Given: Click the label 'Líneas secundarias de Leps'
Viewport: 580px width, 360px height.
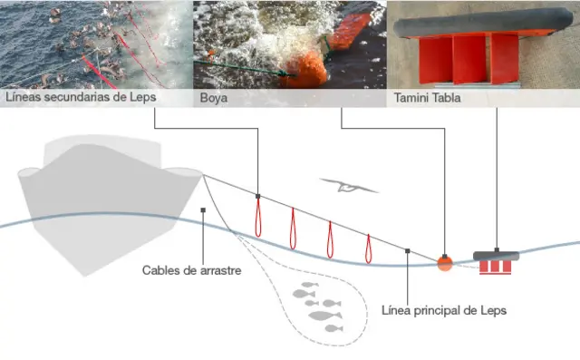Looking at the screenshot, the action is [81, 96].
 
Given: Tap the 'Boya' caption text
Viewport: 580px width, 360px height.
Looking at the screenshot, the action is [215, 96].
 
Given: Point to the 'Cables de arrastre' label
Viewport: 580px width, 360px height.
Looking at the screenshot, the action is [192, 270].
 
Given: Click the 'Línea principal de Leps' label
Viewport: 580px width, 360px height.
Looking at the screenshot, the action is [444, 310].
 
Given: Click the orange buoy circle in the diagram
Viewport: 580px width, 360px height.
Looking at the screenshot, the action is [444, 263].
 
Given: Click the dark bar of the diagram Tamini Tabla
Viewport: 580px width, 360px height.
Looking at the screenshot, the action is [497, 255].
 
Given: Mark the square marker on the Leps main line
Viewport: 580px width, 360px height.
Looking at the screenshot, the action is [409, 251].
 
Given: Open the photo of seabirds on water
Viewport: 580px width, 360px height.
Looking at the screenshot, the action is [95, 43].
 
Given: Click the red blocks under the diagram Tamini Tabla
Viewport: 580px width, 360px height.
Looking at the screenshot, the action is [497, 268].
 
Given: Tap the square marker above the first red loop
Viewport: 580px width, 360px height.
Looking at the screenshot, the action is [258, 196].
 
